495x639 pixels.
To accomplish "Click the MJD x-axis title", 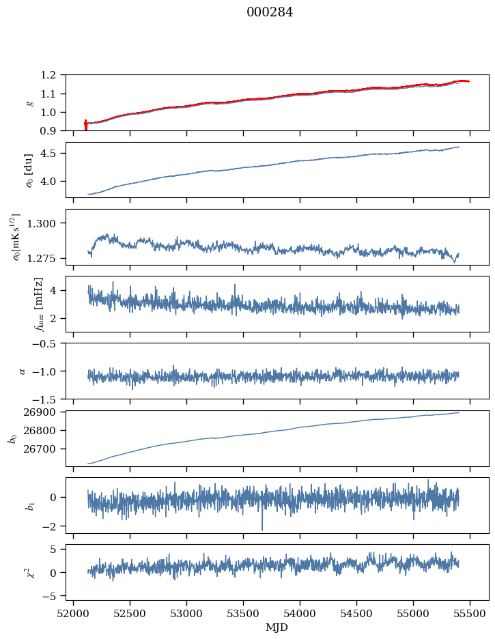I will (277, 627).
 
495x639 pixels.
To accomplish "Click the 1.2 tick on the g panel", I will (53, 74).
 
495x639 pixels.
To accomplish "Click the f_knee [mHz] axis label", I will (39, 304).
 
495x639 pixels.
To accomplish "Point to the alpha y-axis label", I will (23, 371).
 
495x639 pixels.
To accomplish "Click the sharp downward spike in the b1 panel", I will (261, 528).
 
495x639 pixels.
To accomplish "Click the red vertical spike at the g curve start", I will (85, 125).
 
